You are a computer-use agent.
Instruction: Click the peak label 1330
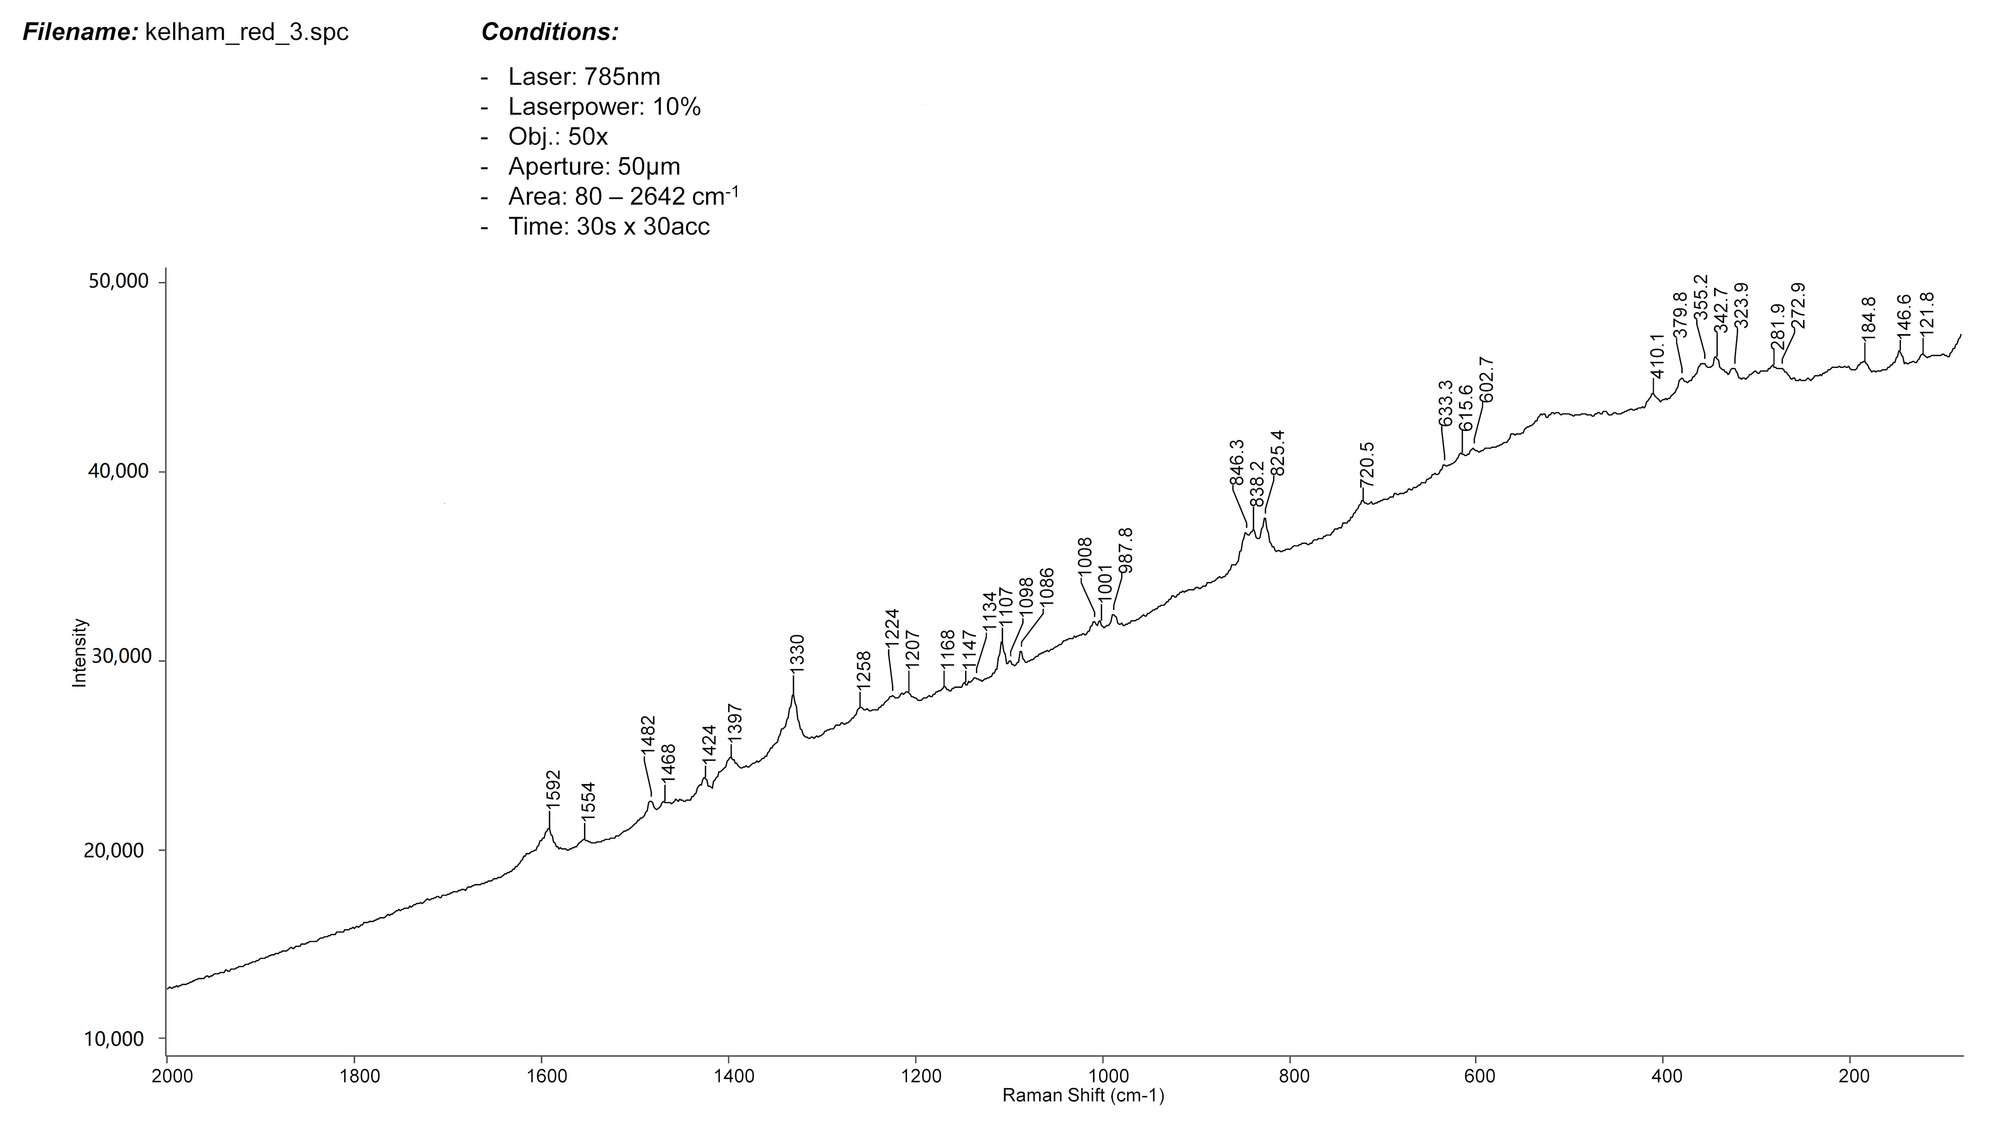pyautogui.click(x=798, y=653)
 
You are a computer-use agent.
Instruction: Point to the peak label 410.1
pyautogui.click(x=1657, y=356)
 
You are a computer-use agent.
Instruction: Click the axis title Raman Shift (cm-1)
pyautogui.click(x=1083, y=1096)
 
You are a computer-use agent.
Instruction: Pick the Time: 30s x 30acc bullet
pyautogui.click(x=609, y=227)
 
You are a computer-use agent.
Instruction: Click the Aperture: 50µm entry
pyautogui.click(x=594, y=167)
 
